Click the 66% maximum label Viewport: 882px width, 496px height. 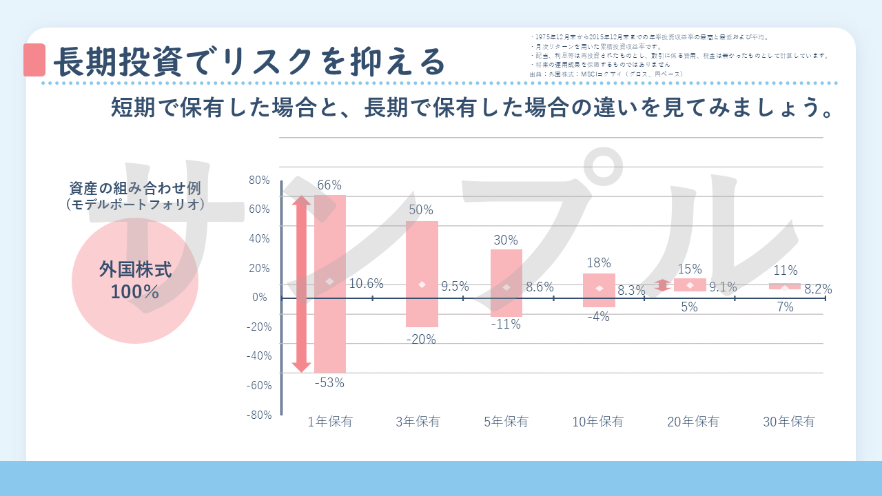coord(329,185)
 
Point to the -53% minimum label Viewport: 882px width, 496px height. coord(329,383)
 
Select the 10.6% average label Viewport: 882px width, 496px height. coord(367,283)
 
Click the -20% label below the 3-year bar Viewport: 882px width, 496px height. coord(421,339)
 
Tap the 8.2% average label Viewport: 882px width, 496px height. coord(818,289)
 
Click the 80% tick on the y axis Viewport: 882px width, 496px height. coord(259,180)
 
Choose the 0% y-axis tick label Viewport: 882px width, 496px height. coord(259,298)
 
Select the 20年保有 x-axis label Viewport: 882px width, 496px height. coord(693,422)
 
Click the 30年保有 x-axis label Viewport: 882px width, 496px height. coord(788,422)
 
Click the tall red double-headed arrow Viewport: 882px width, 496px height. coord(301,284)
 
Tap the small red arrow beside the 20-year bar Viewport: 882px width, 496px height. coord(662,285)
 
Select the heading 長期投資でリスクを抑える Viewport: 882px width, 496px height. coord(249,61)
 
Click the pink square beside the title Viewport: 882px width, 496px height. coord(34,61)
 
